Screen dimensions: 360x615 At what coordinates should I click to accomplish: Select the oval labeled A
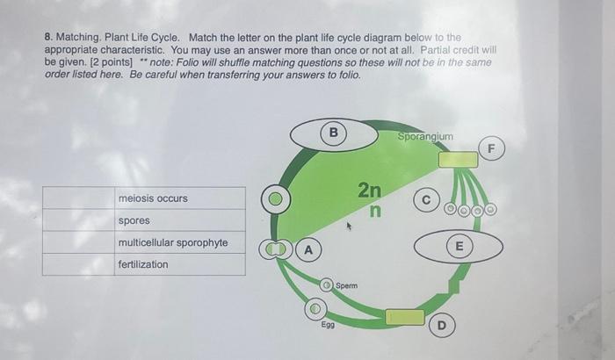pyautogui.click(x=307, y=249)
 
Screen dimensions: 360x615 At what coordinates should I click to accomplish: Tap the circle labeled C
pyautogui.click(x=424, y=200)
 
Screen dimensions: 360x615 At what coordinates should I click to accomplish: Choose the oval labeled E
pyautogui.click(x=458, y=246)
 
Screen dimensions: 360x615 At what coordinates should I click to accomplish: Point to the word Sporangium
pyautogui.click(x=425, y=137)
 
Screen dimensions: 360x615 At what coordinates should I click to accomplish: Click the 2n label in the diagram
pyautogui.click(x=370, y=190)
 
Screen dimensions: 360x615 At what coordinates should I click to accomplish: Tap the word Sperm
pyautogui.click(x=346, y=286)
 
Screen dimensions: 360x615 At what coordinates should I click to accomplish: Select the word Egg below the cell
pyautogui.click(x=327, y=324)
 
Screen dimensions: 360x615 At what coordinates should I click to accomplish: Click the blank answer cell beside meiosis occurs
pyautogui.click(x=78, y=198)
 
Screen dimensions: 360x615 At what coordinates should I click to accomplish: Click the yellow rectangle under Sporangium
pyautogui.click(x=458, y=160)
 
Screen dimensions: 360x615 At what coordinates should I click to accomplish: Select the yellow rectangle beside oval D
pyautogui.click(x=404, y=317)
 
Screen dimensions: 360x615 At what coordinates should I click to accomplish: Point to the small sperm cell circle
pyautogui.click(x=326, y=285)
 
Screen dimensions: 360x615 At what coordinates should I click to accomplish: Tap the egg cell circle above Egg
pyautogui.click(x=316, y=309)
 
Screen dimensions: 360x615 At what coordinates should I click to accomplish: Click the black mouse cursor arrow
pyautogui.click(x=350, y=227)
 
